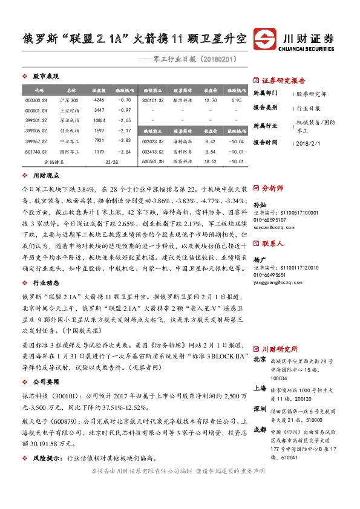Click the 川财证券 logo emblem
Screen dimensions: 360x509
pyautogui.click(x=267, y=39)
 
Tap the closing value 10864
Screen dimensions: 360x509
pyautogui.click(x=99, y=120)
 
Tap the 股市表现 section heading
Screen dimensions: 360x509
pyautogui.click(x=45, y=77)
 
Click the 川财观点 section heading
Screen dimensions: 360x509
pyautogui.click(x=45, y=175)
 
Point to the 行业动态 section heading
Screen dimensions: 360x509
pyautogui.click(x=45, y=265)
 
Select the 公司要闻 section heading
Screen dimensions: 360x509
pyautogui.click(x=45, y=381)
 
